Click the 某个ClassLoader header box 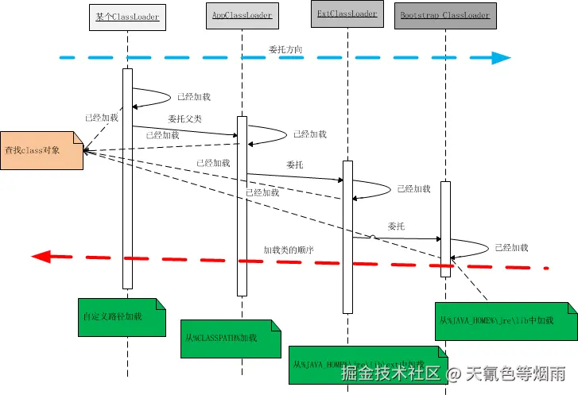coord(127,16)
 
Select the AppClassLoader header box coord(242,15)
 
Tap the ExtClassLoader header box coord(347,14)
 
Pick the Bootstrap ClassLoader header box coord(444,15)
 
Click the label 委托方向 coord(285,49)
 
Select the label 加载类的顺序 coord(289,250)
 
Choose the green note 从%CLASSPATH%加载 coord(231,338)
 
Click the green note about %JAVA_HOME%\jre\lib coord(505,321)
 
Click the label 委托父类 coord(184,118)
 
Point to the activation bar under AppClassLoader coord(242,207)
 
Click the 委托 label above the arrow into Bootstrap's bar coord(396,227)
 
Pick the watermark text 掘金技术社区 coord(390,373)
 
